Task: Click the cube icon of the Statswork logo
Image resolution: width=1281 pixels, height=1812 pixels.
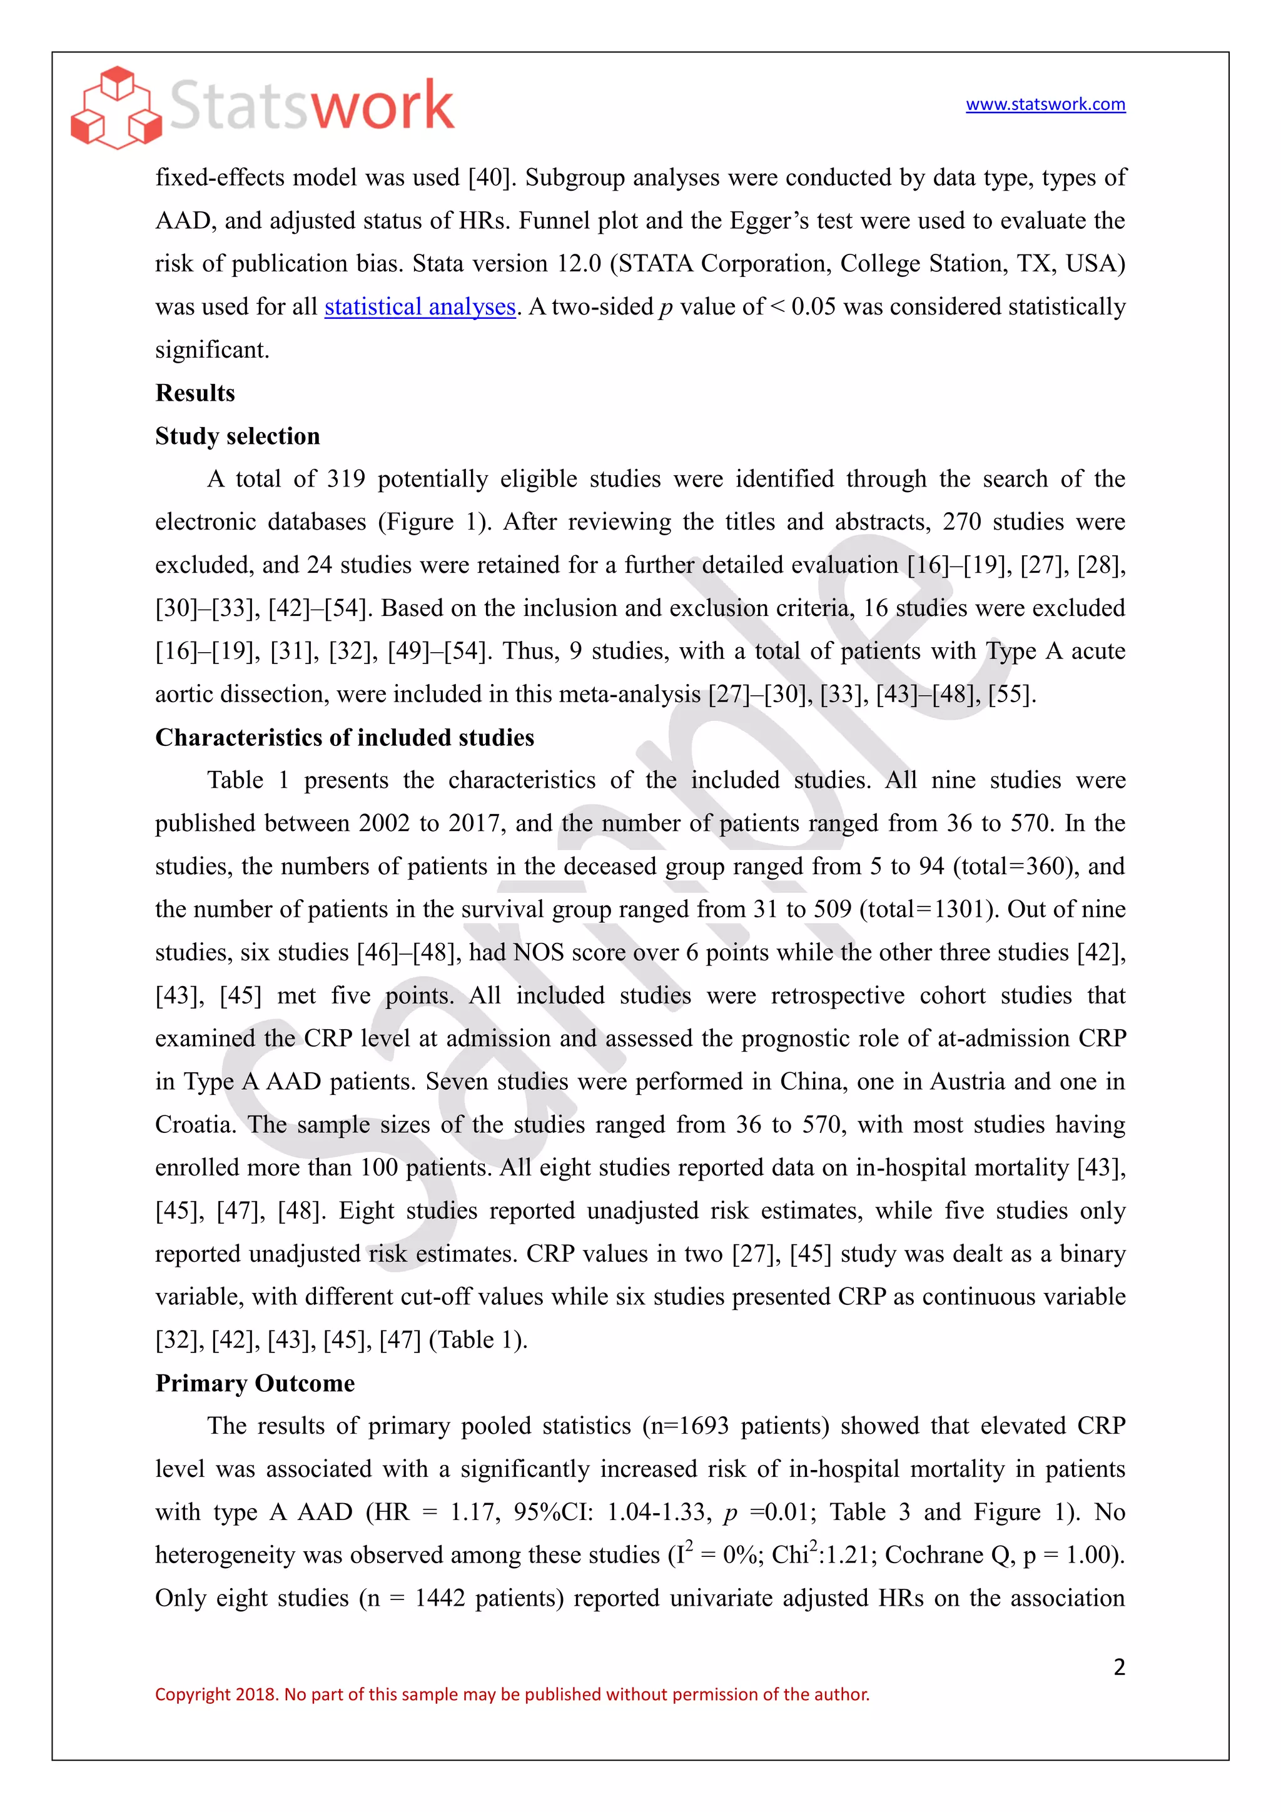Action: pyautogui.click(x=116, y=108)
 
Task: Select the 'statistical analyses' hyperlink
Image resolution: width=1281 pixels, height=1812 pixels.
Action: pyautogui.click(x=420, y=306)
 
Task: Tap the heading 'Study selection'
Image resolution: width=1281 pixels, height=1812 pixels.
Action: pyautogui.click(x=238, y=436)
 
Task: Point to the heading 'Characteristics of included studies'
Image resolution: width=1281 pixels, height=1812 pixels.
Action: pyautogui.click(x=344, y=737)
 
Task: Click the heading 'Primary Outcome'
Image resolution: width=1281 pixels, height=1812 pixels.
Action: pyautogui.click(x=255, y=1382)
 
